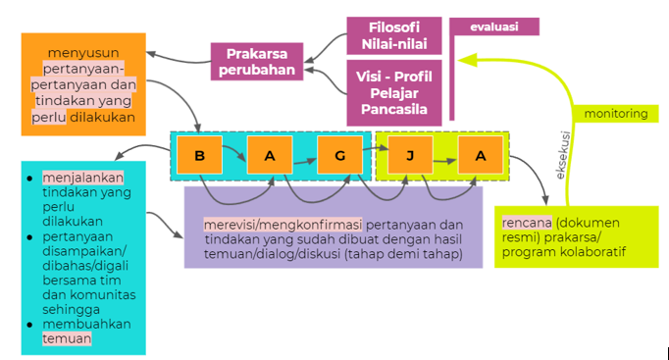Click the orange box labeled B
tap(199, 155)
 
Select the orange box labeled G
tap(339, 155)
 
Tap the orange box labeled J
tap(410, 155)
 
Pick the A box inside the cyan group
tap(270, 155)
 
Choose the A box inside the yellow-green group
tap(481, 155)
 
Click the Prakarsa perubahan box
tap(257, 62)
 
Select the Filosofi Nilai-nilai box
tap(394, 36)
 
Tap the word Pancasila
tap(394, 109)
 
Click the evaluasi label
tap(494, 26)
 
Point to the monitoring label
tap(616, 114)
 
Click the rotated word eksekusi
tap(563, 155)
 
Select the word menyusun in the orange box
tap(83, 53)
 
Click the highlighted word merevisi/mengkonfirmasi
tap(283, 225)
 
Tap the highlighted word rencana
tap(527, 223)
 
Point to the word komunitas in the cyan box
tap(103, 294)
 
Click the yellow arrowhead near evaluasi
tap(467, 60)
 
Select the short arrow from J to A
tap(444, 161)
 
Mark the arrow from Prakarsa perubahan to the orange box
tap(179, 59)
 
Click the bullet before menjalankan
tap(29, 179)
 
